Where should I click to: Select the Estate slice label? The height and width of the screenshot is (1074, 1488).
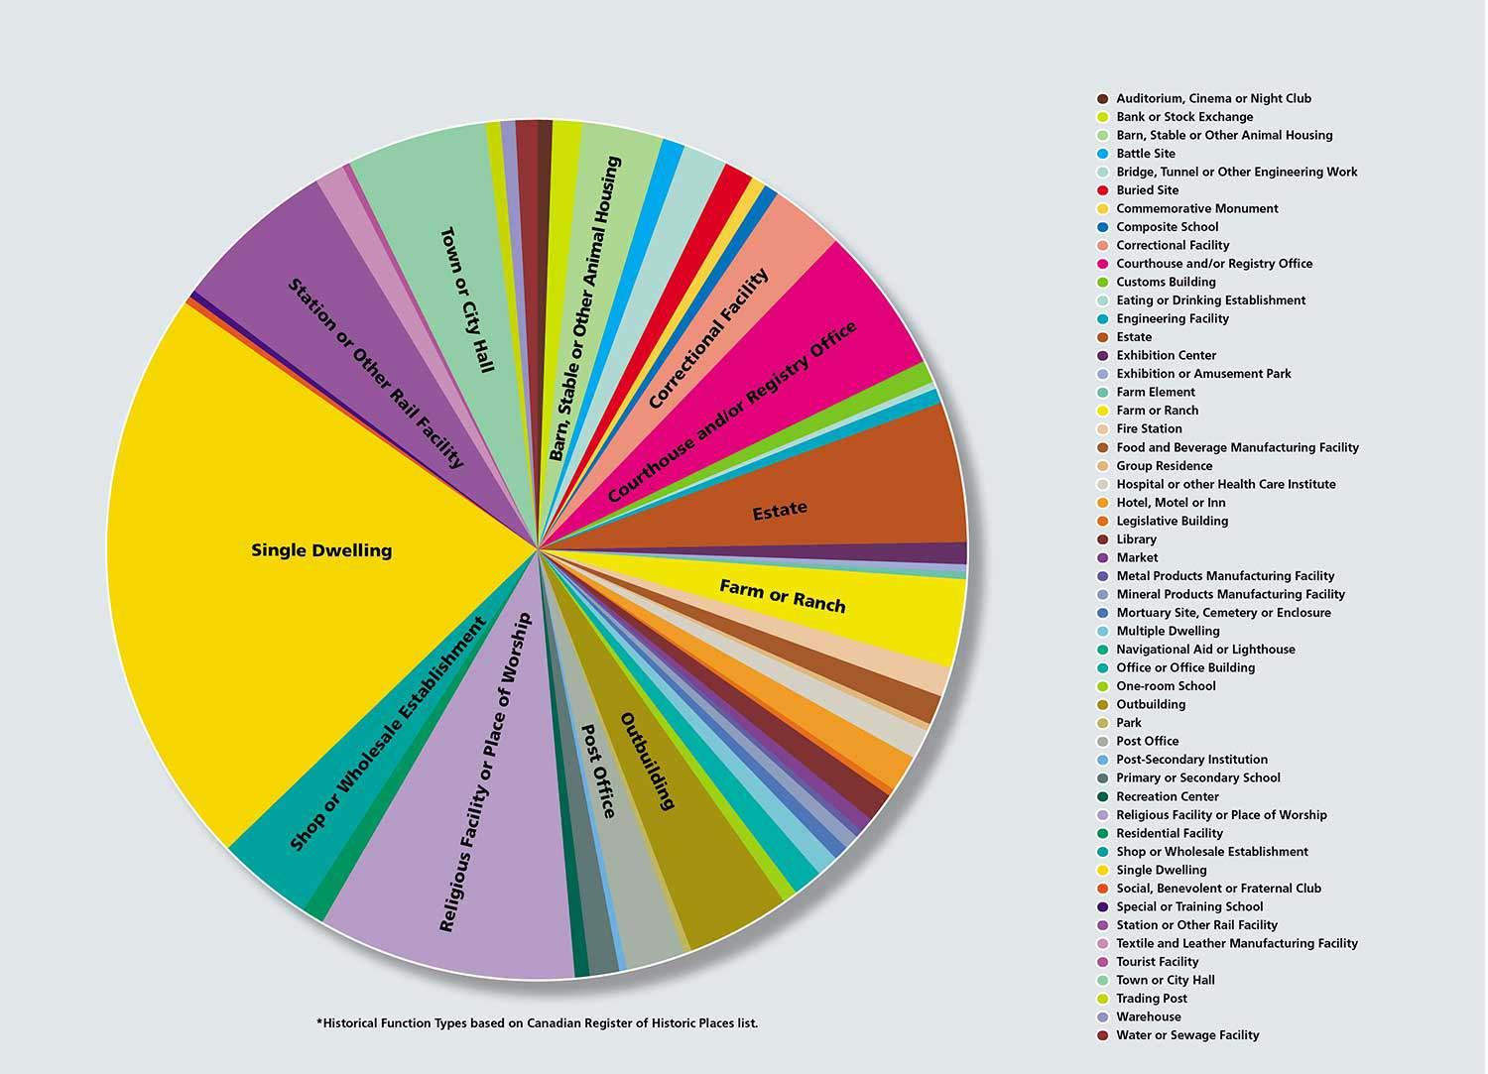click(x=780, y=510)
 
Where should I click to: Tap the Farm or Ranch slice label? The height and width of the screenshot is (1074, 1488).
click(x=783, y=596)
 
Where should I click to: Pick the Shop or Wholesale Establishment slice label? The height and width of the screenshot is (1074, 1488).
click(x=387, y=734)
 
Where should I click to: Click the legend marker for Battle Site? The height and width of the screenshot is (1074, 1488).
click(x=1102, y=154)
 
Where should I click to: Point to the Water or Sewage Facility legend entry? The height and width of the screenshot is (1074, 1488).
click(x=1186, y=1035)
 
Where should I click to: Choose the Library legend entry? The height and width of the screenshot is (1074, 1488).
click(x=1136, y=539)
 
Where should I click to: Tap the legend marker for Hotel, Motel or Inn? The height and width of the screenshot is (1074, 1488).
click(x=1102, y=503)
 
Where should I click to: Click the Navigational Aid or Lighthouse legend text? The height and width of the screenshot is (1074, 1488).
click(x=1205, y=650)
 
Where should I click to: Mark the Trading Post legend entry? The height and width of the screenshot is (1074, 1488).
click(x=1151, y=999)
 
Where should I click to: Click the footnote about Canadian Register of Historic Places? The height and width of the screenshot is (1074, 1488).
click(x=537, y=1022)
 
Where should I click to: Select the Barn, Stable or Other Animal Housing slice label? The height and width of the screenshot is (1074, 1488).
click(x=585, y=307)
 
